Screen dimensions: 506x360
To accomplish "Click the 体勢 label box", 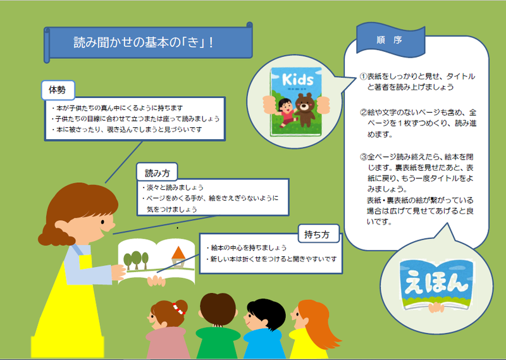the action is [x=58, y=90].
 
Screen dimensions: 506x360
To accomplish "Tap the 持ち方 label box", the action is [x=319, y=233].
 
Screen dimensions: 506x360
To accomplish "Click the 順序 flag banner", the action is [x=390, y=39].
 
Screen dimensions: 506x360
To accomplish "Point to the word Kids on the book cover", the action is [x=297, y=80].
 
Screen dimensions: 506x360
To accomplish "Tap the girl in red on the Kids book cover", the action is [x=285, y=113].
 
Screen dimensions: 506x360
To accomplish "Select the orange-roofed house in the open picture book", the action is [x=178, y=258].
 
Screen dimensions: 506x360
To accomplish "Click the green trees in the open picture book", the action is [x=136, y=260].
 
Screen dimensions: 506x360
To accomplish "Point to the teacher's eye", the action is [x=102, y=222].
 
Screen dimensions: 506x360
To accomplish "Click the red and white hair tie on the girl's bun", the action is [x=178, y=309].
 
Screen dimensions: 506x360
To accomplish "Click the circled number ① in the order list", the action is [x=363, y=77].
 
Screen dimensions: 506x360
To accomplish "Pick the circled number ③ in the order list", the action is [x=363, y=158].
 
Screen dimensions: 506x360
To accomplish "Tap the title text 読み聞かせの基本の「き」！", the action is [x=144, y=42].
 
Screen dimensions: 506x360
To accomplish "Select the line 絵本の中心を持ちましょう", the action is [x=247, y=247].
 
